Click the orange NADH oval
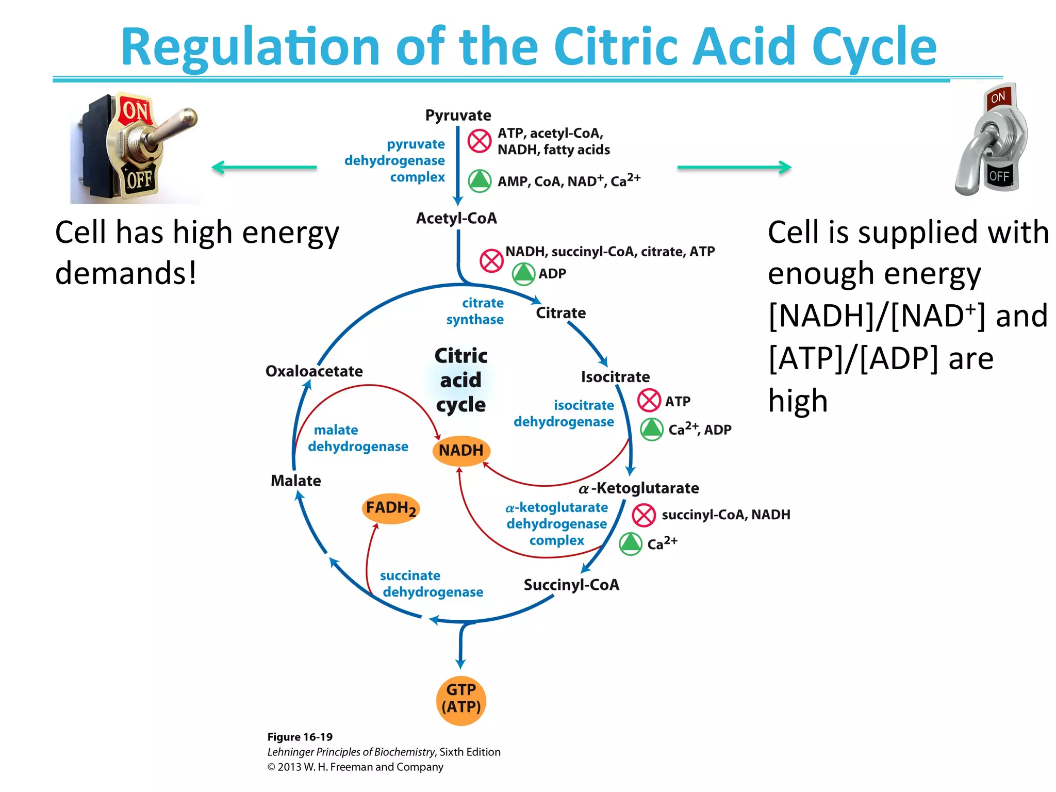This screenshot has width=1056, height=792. point(461,451)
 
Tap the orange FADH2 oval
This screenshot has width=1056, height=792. point(391,509)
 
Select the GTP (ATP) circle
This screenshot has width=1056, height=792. point(461,699)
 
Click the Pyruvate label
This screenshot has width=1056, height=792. point(458,115)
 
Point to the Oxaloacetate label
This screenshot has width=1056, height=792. point(314,371)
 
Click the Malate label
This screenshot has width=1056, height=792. point(296,481)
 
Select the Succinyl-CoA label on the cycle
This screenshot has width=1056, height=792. point(571,585)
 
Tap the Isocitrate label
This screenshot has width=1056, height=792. point(615,377)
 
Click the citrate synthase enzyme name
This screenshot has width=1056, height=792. point(475,311)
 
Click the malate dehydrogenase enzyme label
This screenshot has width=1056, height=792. point(358,438)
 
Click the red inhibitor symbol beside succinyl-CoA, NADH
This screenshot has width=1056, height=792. point(643,515)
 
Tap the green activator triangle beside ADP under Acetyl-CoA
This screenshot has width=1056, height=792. point(523,274)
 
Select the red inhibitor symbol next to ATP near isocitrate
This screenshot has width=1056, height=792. point(649,401)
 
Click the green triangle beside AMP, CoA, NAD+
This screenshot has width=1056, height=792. point(480,181)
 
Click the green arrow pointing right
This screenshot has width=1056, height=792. point(734,167)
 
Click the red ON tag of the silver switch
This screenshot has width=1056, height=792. point(998,97)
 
